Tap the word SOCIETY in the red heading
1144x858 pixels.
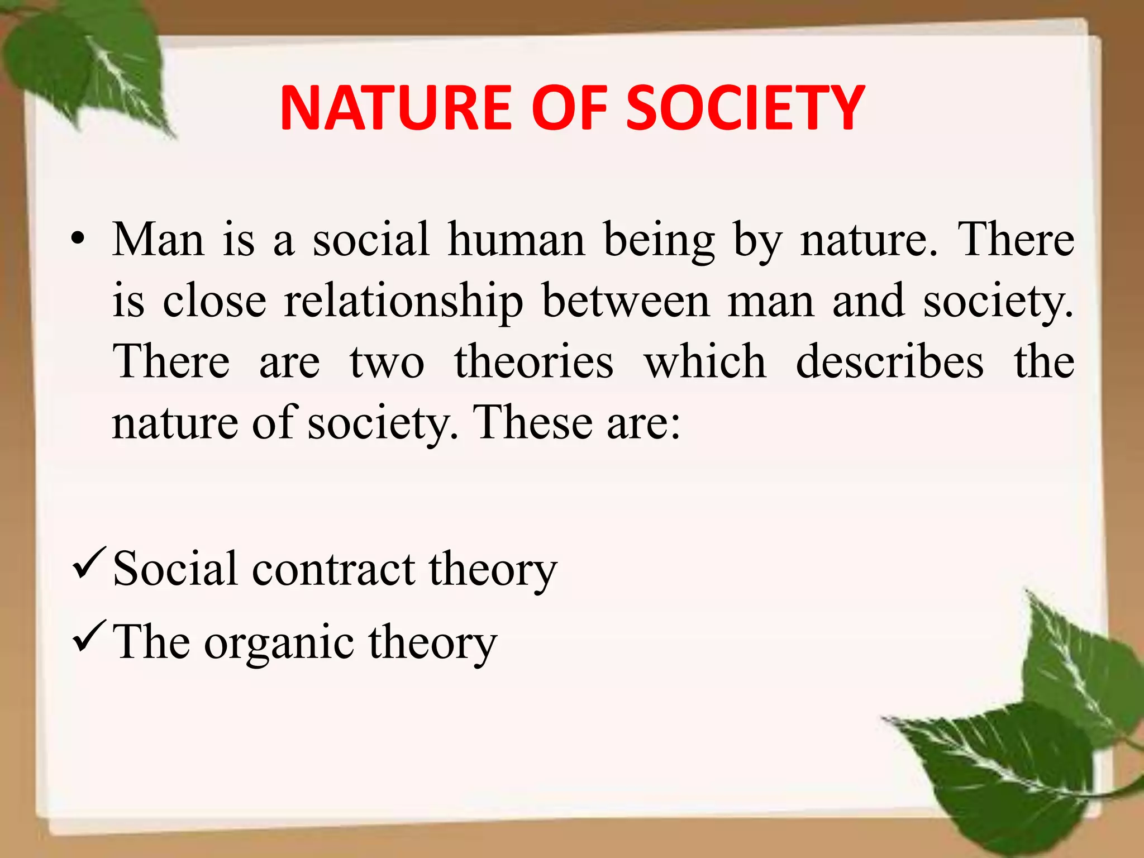745,108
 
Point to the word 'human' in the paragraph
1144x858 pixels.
516,240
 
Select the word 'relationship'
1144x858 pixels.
404,302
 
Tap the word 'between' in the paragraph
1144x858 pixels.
626,302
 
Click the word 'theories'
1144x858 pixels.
534,362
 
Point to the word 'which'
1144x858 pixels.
705,362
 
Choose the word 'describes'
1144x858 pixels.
890,362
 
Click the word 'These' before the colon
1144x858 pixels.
533,423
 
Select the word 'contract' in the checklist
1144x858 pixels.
333,570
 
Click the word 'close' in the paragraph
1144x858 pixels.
214,302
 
